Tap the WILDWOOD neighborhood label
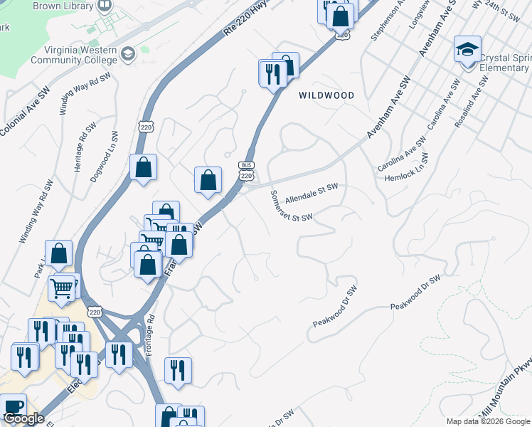pyautogui.click(x=326, y=95)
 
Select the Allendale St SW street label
pyautogui.click(x=311, y=190)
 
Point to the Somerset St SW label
pyautogui.click(x=291, y=206)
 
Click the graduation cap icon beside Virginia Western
pyautogui.click(x=127, y=53)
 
